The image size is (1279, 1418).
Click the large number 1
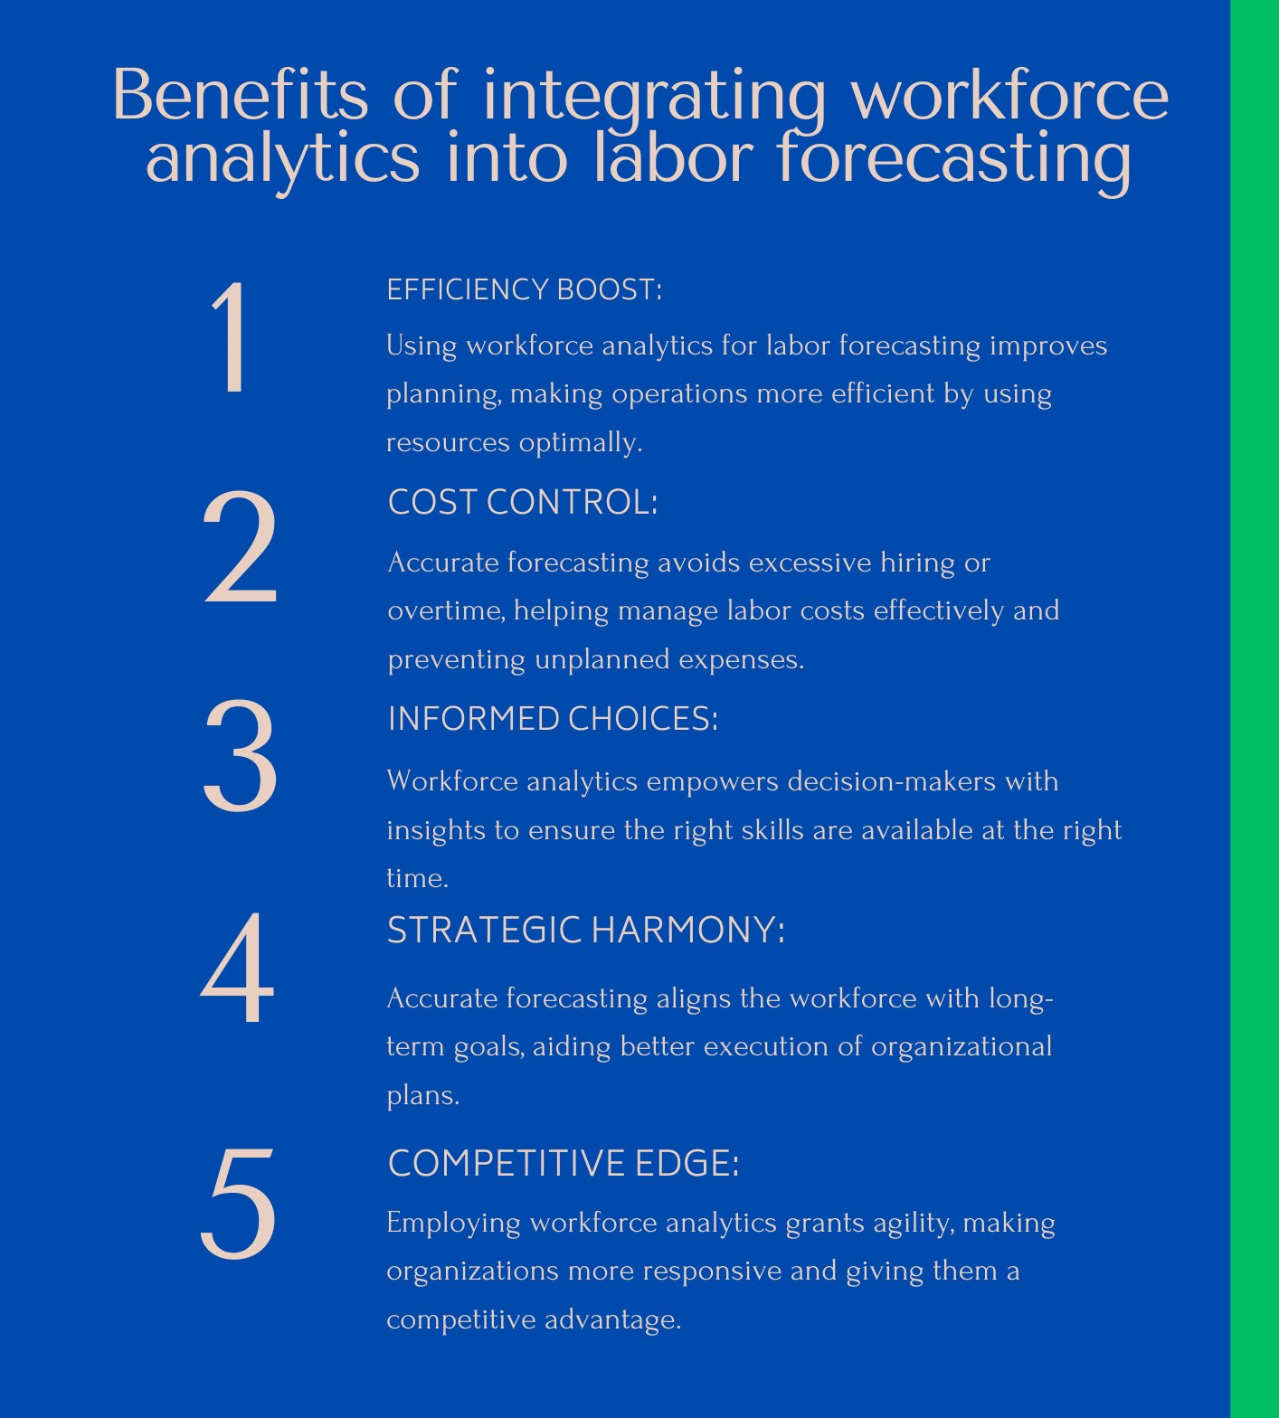[232, 336]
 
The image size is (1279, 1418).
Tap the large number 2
[240, 548]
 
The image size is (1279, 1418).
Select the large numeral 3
[240, 756]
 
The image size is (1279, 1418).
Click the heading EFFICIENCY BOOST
[524, 290]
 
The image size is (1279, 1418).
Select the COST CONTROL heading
[522, 502]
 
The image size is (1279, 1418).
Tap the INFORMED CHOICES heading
[552, 719]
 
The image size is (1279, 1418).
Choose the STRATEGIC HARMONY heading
[585, 930]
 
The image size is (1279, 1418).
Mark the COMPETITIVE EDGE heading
[563, 1163]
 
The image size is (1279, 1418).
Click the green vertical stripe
[1255, 709]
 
